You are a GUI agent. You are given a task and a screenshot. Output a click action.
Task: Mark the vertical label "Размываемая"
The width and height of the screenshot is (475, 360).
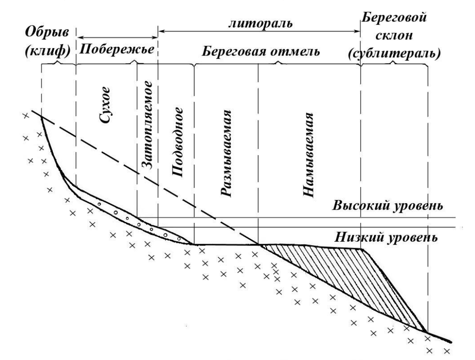point(225,154)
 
